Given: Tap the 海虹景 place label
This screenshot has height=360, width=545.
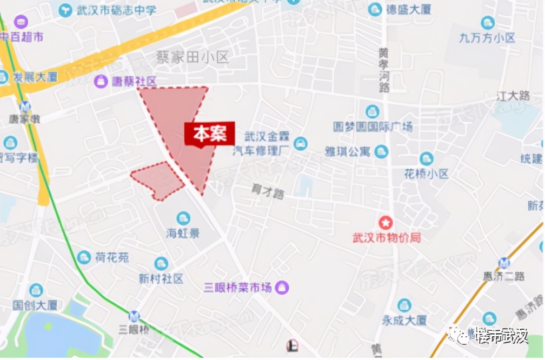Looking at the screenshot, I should coord(183,234).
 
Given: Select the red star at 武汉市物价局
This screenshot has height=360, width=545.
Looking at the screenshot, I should coord(386,222).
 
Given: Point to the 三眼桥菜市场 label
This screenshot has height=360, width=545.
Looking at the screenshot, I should coord(237,288).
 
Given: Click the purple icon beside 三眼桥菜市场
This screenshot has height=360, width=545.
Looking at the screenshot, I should coord(282,288).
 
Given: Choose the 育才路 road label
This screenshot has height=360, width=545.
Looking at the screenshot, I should coord(268,191).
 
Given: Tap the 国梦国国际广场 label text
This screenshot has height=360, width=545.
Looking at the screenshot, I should coord(373,127).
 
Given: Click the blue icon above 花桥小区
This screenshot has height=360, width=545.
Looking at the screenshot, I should coord(427,159).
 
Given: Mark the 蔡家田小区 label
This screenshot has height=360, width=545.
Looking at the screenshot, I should coord(192,57).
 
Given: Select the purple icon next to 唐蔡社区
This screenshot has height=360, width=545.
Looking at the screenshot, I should coord(101,82).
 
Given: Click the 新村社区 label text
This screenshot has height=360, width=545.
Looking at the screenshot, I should coord(161,278).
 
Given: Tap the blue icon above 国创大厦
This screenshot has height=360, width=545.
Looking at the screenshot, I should coord(36,290).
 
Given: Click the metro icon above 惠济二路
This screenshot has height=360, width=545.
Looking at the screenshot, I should coord(504,262).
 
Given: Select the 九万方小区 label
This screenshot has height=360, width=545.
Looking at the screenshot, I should coord(487,38).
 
